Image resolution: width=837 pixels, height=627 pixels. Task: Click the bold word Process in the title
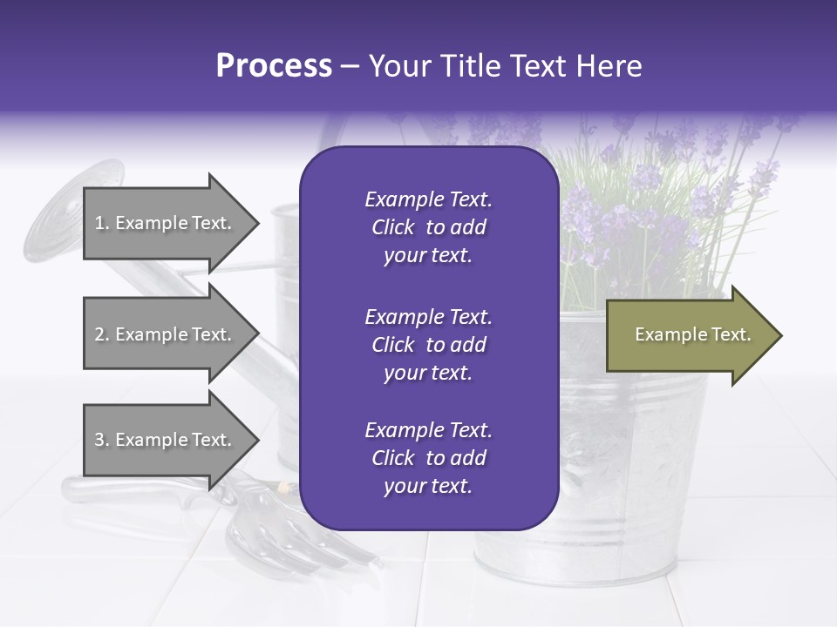[274, 66]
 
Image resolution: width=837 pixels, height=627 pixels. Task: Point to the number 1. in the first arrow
[102, 223]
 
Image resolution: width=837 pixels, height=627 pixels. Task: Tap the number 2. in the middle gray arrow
[102, 334]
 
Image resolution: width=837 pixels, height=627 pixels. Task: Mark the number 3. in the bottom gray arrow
[102, 440]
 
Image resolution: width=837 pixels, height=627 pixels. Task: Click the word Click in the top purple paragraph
[393, 227]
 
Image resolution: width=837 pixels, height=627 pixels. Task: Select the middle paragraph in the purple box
[428, 345]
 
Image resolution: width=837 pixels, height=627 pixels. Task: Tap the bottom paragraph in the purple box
[428, 458]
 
